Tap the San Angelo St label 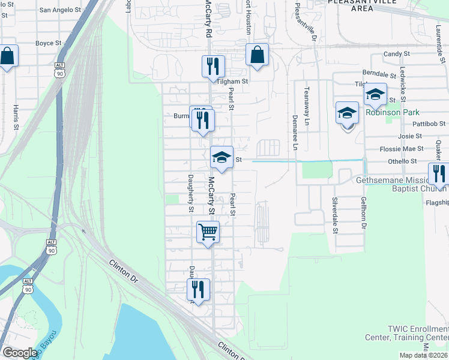pos(59,10)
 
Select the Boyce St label pos(49,43)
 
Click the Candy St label pos(397,54)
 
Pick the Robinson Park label pos(393,112)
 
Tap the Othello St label pos(402,161)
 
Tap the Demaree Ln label pos(295,131)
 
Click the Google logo pos(20,353)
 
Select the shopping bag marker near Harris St pos(7,57)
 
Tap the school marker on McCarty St pos(221,157)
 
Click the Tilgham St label pos(233,81)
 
